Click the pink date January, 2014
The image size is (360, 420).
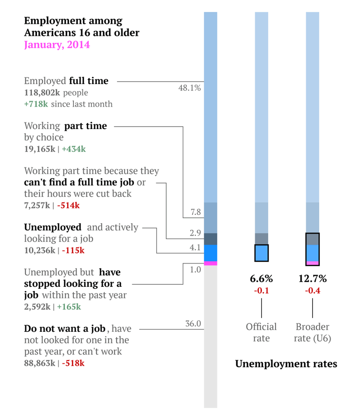[x=57, y=45]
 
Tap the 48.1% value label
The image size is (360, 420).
[x=189, y=88]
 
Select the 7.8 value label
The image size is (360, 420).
[x=195, y=212]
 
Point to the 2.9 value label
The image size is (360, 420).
[x=195, y=233]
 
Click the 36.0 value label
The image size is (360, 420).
[x=193, y=324]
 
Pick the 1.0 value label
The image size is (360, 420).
[x=195, y=269]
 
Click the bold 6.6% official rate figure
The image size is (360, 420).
[x=261, y=279]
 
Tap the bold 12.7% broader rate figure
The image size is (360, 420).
[x=312, y=279]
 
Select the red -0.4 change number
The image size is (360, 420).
[x=312, y=291]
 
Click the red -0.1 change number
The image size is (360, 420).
[x=261, y=291]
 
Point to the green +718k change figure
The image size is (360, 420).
[x=36, y=104]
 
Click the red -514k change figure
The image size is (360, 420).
[x=68, y=206]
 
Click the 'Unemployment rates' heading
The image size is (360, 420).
[x=286, y=364]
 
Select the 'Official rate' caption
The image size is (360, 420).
[x=261, y=332]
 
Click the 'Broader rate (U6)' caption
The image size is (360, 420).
[x=312, y=332]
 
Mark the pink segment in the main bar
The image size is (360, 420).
[x=211, y=263]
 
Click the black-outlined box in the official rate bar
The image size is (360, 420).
[x=261, y=253]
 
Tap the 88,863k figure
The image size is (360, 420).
[x=40, y=363]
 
